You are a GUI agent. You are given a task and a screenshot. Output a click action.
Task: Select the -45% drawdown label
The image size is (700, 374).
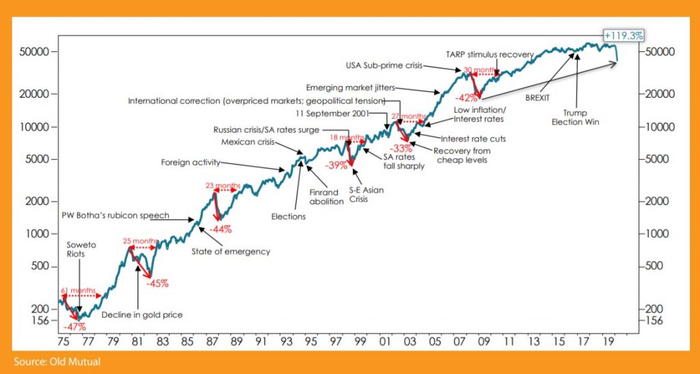157,283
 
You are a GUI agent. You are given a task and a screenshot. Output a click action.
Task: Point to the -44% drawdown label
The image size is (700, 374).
221,229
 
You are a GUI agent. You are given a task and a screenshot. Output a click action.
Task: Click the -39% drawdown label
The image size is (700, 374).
336,165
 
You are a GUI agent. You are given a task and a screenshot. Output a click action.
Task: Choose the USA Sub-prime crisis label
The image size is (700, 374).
384,66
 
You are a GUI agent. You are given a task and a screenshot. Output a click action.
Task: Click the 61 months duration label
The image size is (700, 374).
77,291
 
